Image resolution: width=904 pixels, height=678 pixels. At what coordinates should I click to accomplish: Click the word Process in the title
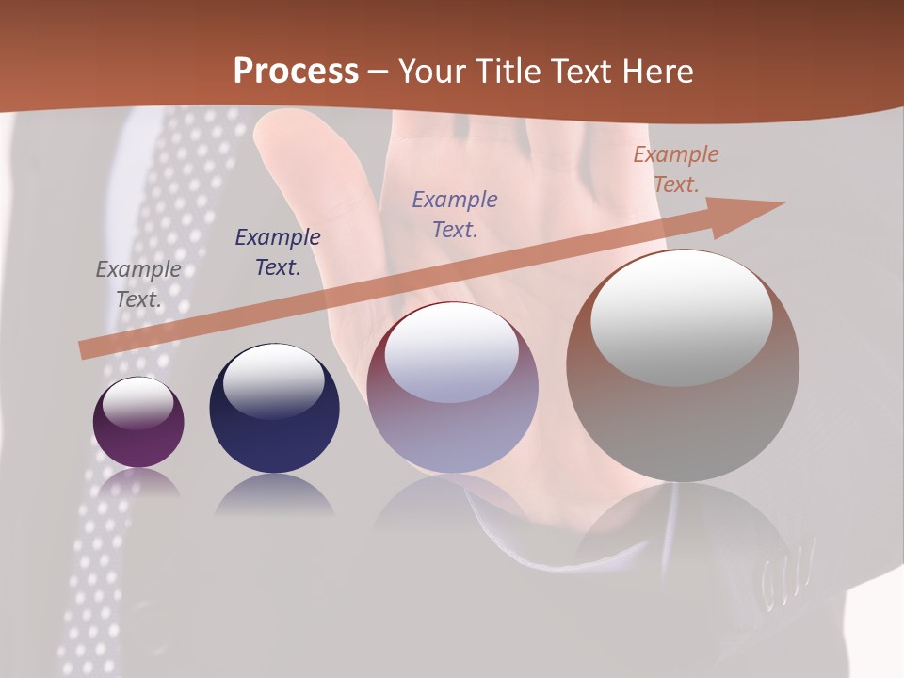point(296,72)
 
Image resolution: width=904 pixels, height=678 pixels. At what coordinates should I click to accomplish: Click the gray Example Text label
point(138,284)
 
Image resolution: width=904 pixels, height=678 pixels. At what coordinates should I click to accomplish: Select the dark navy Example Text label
point(278,252)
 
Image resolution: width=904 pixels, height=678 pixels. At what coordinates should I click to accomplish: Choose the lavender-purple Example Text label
point(455,215)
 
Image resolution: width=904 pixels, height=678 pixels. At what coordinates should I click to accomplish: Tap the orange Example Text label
point(676,169)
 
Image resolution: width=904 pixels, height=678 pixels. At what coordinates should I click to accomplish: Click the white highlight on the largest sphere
point(682,318)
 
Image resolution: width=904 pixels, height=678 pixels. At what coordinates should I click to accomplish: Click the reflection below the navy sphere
point(274,495)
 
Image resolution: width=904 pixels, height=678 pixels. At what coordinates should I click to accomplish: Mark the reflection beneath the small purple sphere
point(138,483)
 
